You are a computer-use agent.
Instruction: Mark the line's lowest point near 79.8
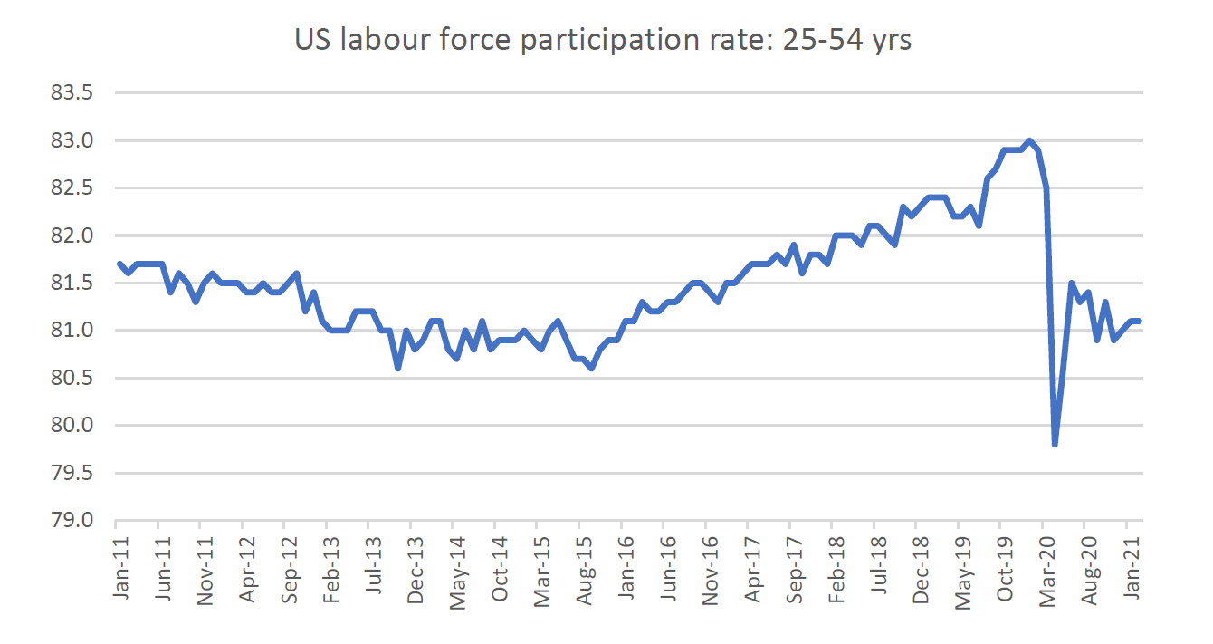pos(1055,445)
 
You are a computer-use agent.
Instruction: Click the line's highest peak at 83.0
pos(1029,140)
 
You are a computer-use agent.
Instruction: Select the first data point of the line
pos(119,264)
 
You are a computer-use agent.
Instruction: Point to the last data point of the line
pos(1139,321)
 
